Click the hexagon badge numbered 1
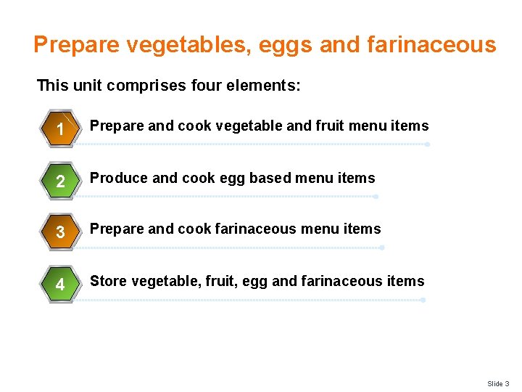(x=61, y=128)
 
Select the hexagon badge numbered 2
(x=61, y=181)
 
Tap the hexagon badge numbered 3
(x=61, y=232)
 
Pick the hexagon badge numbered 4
(x=61, y=285)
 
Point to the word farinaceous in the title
(x=431, y=46)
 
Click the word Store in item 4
(x=107, y=281)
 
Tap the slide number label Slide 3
(x=498, y=383)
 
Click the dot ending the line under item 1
(x=427, y=144)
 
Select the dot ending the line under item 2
(x=376, y=197)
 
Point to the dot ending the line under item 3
(x=381, y=248)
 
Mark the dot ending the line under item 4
(x=423, y=299)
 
